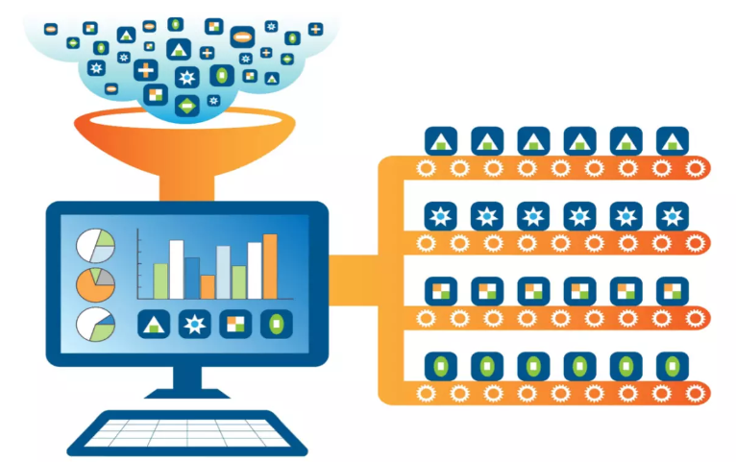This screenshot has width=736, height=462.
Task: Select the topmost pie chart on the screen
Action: [x=94, y=244]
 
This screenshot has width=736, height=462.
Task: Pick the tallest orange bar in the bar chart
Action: [x=270, y=266]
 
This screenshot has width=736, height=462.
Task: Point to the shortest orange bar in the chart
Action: [x=208, y=286]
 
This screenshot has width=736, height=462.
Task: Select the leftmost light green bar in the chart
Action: [x=160, y=280]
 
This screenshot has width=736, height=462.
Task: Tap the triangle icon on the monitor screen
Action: [x=155, y=325]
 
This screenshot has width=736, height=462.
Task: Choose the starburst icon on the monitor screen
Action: [x=195, y=325]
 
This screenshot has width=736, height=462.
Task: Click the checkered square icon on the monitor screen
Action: [x=235, y=325]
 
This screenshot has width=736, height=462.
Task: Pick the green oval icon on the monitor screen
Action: [x=277, y=325]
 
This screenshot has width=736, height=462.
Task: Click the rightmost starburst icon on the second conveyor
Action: [x=672, y=216]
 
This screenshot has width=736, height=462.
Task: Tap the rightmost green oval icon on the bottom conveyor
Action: [x=672, y=365]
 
